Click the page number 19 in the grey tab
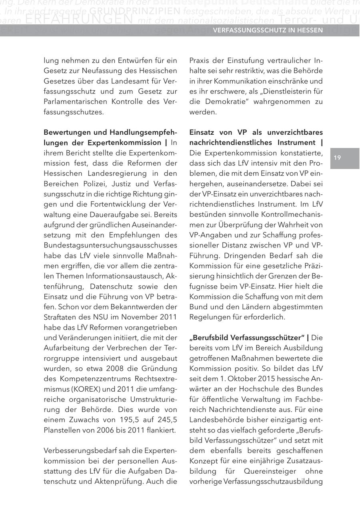(x=337, y=158)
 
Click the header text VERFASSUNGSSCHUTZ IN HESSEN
(x=268, y=30)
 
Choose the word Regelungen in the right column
(x=209, y=317)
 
